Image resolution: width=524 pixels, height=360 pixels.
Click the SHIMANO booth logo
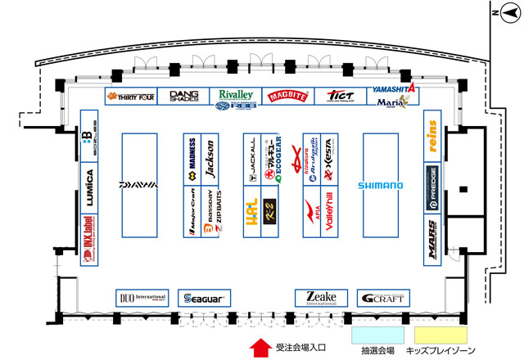point(380,186)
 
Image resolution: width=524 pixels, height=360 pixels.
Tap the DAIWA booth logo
point(138,185)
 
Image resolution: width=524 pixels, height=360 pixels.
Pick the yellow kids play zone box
point(440,335)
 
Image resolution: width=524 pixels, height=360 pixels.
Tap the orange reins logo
point(433,134)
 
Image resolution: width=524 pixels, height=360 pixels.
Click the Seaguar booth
point(206,298)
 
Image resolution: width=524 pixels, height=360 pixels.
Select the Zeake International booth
point(316,298)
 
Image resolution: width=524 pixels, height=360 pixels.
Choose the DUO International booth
point(141,298)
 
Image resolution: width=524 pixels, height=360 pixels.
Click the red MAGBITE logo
point(284,97)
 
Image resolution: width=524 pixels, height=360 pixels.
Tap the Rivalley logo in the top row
point(236,94)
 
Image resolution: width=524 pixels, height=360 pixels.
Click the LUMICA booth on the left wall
point(90,186)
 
